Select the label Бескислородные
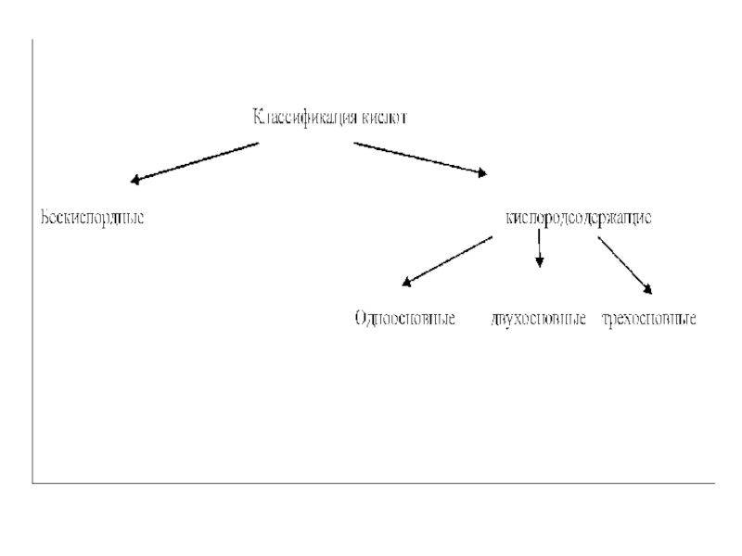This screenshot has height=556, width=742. tap(91, 219)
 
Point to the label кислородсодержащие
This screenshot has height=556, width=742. tap(578, 219)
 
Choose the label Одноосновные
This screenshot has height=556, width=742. tap(403, 320)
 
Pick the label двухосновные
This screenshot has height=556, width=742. tap(539, 320)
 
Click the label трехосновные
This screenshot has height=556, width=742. tap(648, 320)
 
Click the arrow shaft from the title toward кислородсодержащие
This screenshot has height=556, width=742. tap(417, 158)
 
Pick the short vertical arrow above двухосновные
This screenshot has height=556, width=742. tap(539, 246)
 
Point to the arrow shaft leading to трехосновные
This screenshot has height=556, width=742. tap(623, 262)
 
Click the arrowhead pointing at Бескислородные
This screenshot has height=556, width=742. tap(136, 180)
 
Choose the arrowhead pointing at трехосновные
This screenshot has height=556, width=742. tap(650, 290)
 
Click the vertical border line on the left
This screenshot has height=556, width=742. tap(32, 259)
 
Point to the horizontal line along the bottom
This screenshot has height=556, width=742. tap(371, 482)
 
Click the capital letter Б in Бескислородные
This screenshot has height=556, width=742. tap(44, 219)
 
